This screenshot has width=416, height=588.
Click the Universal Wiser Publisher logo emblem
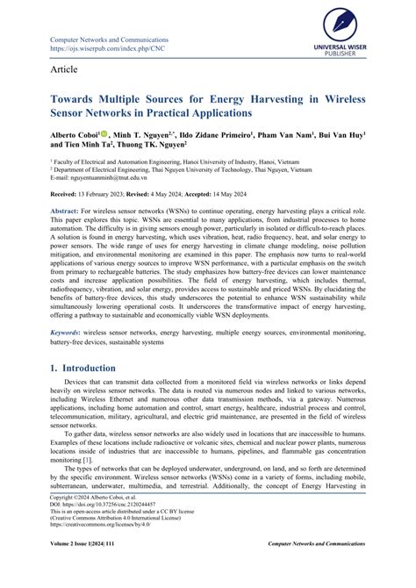[358, 21]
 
